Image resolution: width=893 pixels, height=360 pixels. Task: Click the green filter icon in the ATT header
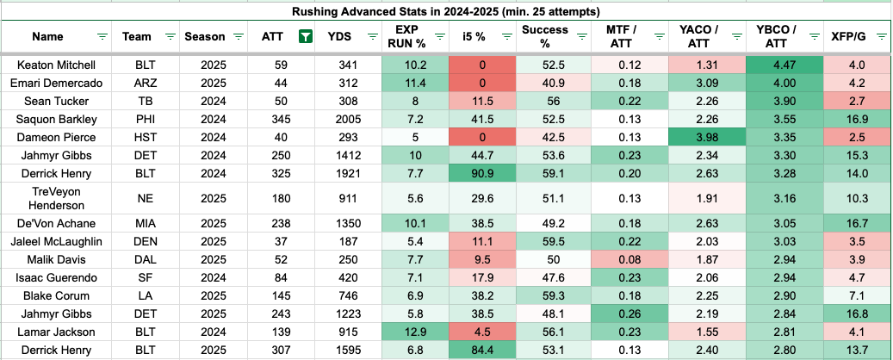tap(306, 37)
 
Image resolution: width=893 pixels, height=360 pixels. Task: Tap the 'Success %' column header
tap(537, 36)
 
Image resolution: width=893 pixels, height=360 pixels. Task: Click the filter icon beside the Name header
tap(102, 37)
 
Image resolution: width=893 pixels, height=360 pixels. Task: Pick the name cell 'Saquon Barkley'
tap(56, 120)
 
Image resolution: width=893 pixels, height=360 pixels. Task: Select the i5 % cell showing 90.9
tap(482, 174)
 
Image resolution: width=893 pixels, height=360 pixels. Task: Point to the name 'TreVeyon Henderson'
tap(56, 199)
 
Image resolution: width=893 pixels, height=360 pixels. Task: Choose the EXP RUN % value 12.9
tap(415, 332)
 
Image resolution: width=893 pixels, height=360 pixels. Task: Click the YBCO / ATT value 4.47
tap(784, 65)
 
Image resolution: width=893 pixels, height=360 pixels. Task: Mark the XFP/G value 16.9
tap(857, 120)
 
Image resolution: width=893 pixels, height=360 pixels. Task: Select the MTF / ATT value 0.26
tap(625, 313)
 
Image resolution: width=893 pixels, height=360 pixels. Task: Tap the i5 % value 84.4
tap(482, 350)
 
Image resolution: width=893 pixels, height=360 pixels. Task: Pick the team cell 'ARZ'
tap(145, 84)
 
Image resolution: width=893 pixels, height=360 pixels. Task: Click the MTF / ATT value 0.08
tap(625, 260)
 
